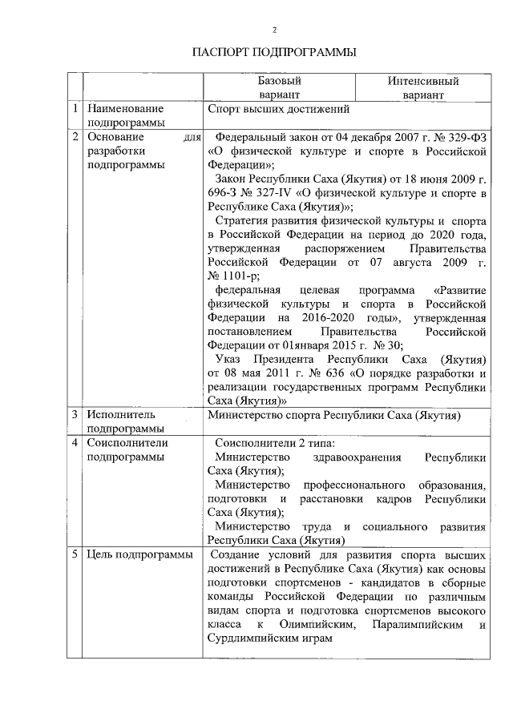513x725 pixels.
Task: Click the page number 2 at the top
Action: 274,30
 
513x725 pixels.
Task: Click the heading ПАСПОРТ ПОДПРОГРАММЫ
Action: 274,53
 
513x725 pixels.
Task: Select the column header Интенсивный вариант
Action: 422,87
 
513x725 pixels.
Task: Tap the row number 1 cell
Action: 75,107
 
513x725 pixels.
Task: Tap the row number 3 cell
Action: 75,416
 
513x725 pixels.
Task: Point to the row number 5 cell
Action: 75,554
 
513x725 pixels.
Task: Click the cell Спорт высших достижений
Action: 277,107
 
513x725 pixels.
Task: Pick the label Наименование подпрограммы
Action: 126,115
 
